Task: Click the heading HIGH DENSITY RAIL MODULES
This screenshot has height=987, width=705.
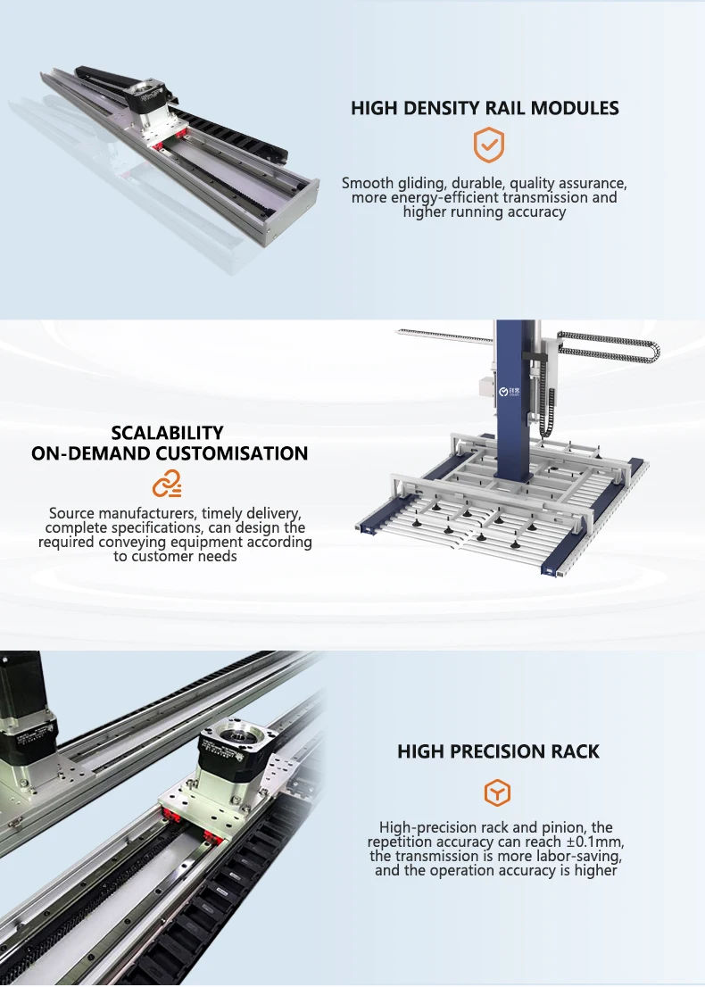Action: (485, 108)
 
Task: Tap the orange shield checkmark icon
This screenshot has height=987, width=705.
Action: (488, 145)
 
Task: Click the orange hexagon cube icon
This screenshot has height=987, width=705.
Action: (497, 792)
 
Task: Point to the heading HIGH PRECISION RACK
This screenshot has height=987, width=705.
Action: (498, 751)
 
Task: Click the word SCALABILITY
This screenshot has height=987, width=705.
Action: (168, 433)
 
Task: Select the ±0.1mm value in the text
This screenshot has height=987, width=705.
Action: (593, 842)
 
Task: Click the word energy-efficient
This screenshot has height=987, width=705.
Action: (446, 197)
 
